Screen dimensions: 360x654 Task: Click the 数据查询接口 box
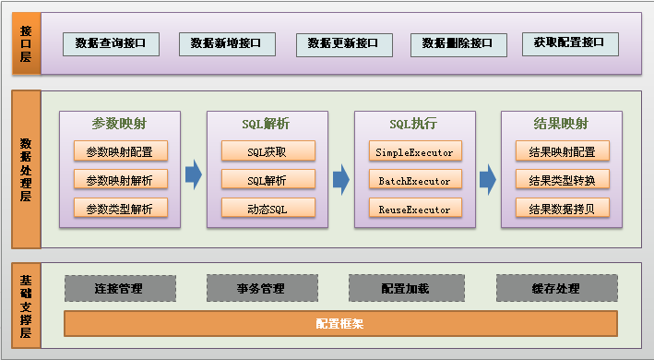tap(111, 43)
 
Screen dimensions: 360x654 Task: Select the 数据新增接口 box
tap(226, 43)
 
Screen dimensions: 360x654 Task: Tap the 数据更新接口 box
tap(343, 43)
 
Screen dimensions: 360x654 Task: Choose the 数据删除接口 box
tap(458, 43)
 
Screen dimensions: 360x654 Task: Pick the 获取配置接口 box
tap(568, 43)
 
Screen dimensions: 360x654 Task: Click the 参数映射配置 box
tap(120, 151)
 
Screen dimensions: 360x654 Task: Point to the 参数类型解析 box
tap(120, 209)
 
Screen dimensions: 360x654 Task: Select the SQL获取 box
tap(268, 151)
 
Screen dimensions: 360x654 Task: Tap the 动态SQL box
tap(268, 209)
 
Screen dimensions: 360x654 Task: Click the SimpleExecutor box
tap(414, 151)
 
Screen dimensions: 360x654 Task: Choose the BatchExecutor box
tap(414, 180)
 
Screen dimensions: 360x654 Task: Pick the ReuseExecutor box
tap(414, 209)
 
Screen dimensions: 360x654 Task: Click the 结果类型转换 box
tap(562, 180)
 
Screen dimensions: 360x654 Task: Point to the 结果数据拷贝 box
tap(562, 209)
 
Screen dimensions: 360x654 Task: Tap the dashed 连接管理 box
tap(119, 289)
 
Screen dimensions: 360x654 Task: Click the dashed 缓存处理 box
tap(555, 289)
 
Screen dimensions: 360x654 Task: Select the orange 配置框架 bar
tap(339, 324)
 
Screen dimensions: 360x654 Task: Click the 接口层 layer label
tap(26, 43)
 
